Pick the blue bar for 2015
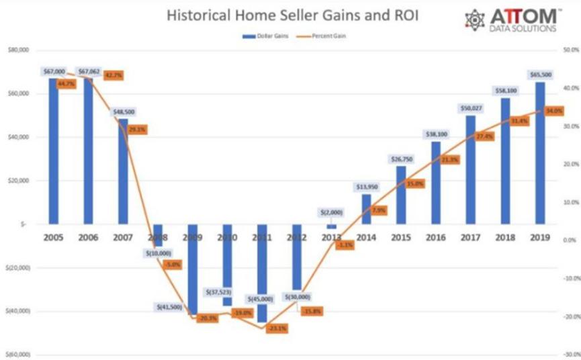(401, 195)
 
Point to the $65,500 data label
(540, 75)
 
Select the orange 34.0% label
(554, 111)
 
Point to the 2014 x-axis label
(366, 238)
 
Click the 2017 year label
(471, 238)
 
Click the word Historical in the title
(199, 14)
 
